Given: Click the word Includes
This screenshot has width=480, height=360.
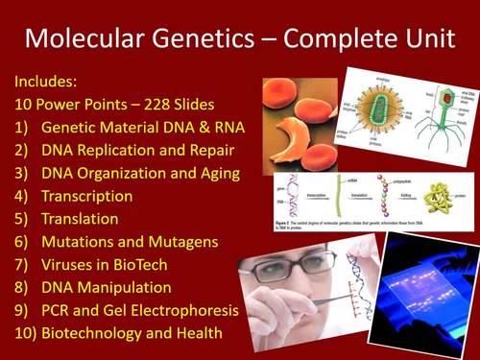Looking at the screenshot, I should coord(49,80).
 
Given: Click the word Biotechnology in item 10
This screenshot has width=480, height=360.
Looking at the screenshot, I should coord(103,335).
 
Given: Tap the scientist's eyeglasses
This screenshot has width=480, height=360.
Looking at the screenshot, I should coord(294,275).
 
